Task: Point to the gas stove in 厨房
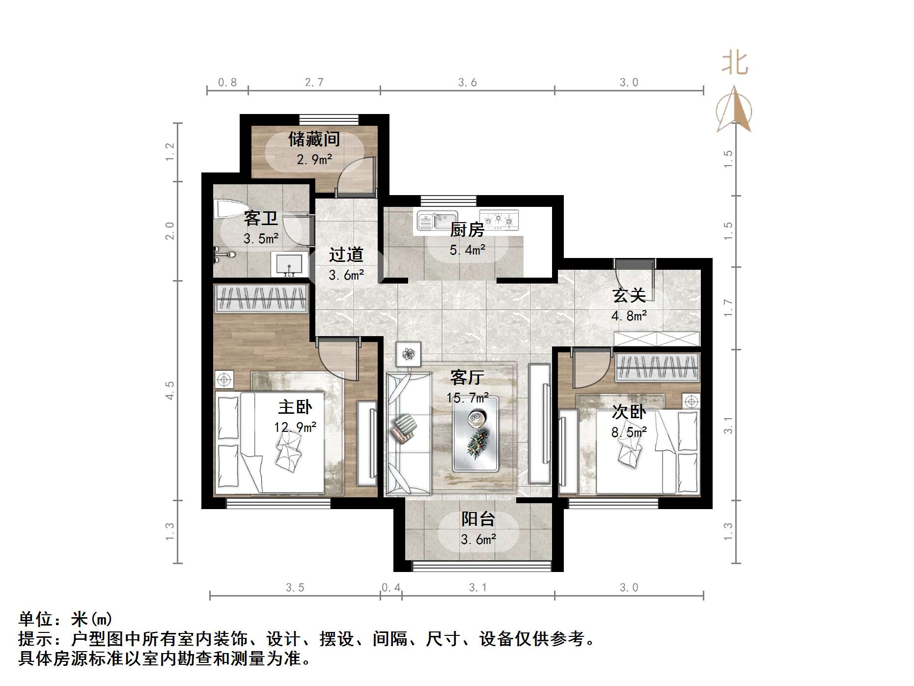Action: tap(499, 219)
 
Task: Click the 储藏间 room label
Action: tap(314, 139)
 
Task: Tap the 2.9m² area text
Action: tap(314, 160)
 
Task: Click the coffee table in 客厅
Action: tap(475, 433)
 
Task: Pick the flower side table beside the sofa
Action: tap(409, 354)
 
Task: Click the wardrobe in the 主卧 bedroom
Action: tap(262, 298)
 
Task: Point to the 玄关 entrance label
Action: tap(629, 296)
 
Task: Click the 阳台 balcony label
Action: tap(478, 519)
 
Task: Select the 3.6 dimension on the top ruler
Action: tap(467, 83)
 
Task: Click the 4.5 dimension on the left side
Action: tap(169, 390)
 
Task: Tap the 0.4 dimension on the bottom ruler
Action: tap(391, 588)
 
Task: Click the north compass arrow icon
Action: tap(734, 110)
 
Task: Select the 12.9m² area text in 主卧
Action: tap(295, 427)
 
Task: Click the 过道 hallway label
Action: tap(346, 255)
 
